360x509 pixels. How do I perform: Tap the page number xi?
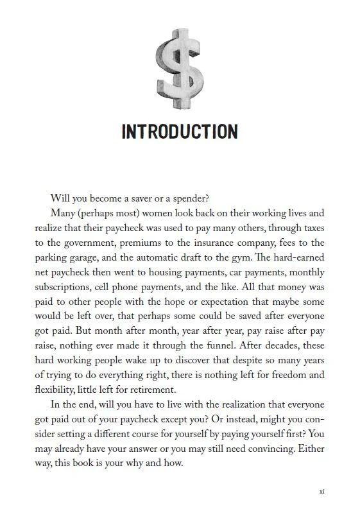(321, 492)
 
